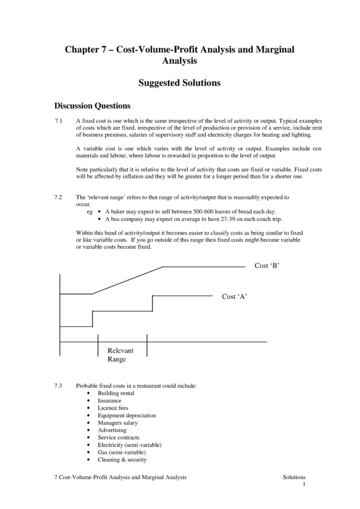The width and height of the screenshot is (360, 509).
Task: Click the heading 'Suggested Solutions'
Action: (179, 83)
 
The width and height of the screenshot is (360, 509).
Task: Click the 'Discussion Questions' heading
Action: (93, 106)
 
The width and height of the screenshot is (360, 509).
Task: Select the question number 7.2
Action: (58, 197)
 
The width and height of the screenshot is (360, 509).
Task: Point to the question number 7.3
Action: (58, 386)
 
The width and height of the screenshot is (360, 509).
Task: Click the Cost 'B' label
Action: (267, 266)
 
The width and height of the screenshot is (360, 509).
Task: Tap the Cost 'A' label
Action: (234, 296)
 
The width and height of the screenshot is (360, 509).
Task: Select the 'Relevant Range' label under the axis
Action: (120, 355)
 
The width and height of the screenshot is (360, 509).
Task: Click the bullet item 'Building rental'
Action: (116, 393)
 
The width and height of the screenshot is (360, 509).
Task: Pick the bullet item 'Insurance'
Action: (109, 400)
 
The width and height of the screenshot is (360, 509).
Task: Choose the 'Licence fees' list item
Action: (113, 408)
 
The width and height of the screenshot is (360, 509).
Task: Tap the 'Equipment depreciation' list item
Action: (126, 415)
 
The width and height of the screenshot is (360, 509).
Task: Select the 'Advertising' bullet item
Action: (112, 430)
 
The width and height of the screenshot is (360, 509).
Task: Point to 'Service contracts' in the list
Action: (119, 438)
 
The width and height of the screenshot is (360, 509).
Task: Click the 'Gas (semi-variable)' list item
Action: (122, 452)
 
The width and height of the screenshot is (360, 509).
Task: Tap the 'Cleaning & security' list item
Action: (122, 460)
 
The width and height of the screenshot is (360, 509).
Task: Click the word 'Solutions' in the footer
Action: (294, 477)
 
